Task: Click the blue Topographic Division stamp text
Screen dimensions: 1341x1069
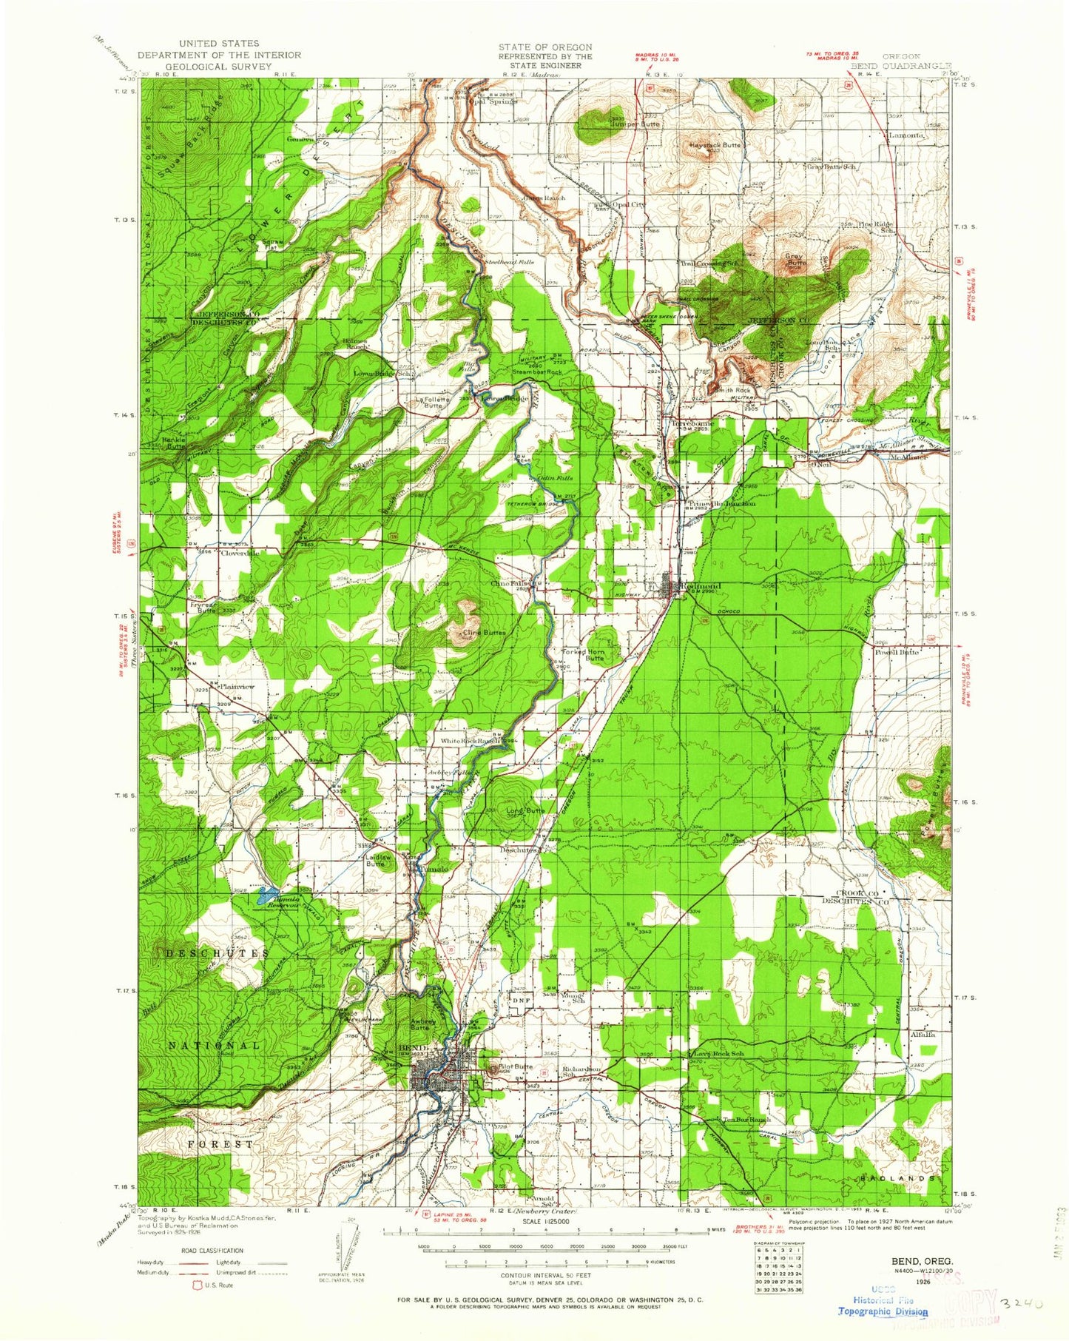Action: (883, 1311)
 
